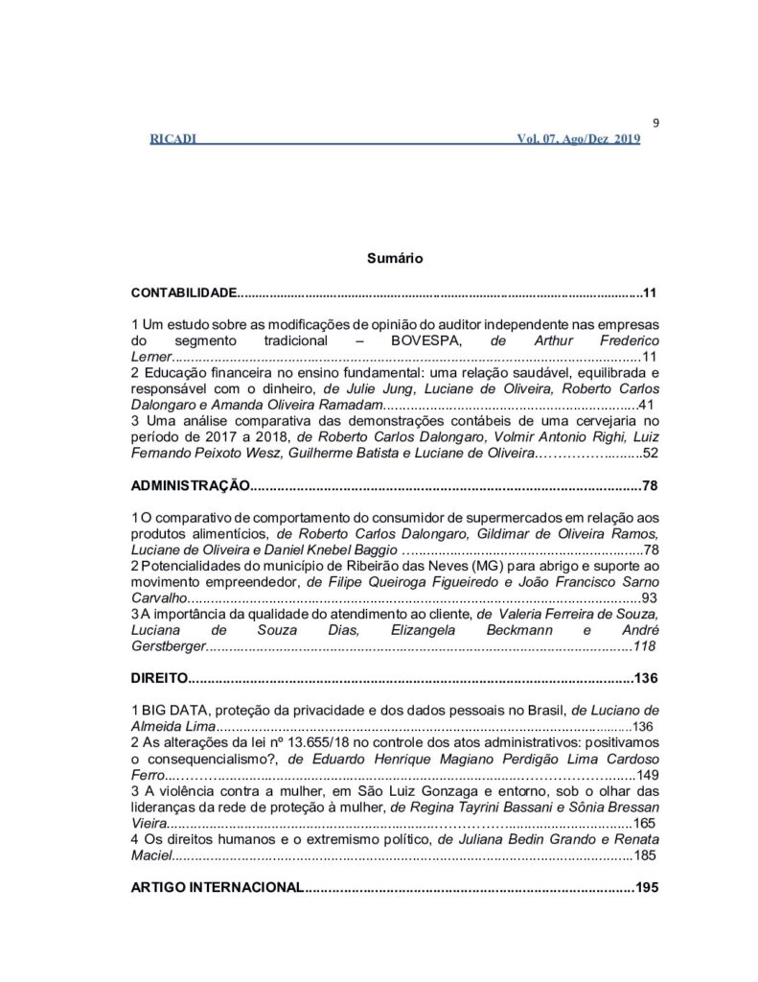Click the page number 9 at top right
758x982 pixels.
(x=654, y=122)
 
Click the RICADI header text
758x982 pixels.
(x=173, y=140)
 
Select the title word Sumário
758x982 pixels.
(x=388, y=258)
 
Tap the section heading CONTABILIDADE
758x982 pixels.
(x=182, y=292)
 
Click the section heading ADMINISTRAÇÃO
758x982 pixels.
(x=190, y=485)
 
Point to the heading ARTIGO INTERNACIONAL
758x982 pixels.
(x=216, y=888)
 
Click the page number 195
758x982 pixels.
(x=646, y=888)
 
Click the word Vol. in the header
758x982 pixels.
(x=531, y=140)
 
